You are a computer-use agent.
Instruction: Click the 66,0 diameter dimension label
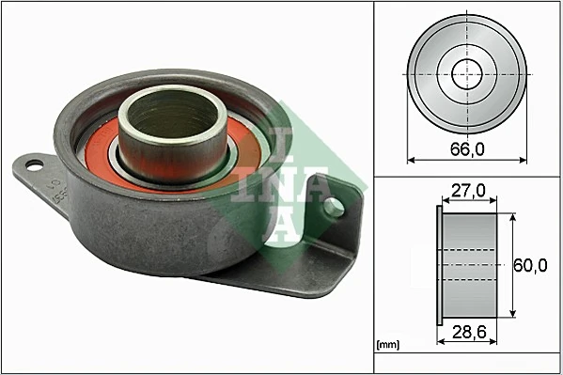point(466,147)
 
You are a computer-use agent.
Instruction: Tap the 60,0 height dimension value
point(530,266)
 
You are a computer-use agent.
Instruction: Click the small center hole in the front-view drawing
point(466,73)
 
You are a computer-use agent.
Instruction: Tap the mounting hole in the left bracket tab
point(34,166)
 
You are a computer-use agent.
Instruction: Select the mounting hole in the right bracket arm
point(332,206)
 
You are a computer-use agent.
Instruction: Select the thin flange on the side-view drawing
point(440,266)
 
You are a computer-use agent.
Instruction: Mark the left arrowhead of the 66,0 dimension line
point(411,160)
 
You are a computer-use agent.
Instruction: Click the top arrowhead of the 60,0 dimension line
point(511,217)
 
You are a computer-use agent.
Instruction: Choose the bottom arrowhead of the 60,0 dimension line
point(511,314)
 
